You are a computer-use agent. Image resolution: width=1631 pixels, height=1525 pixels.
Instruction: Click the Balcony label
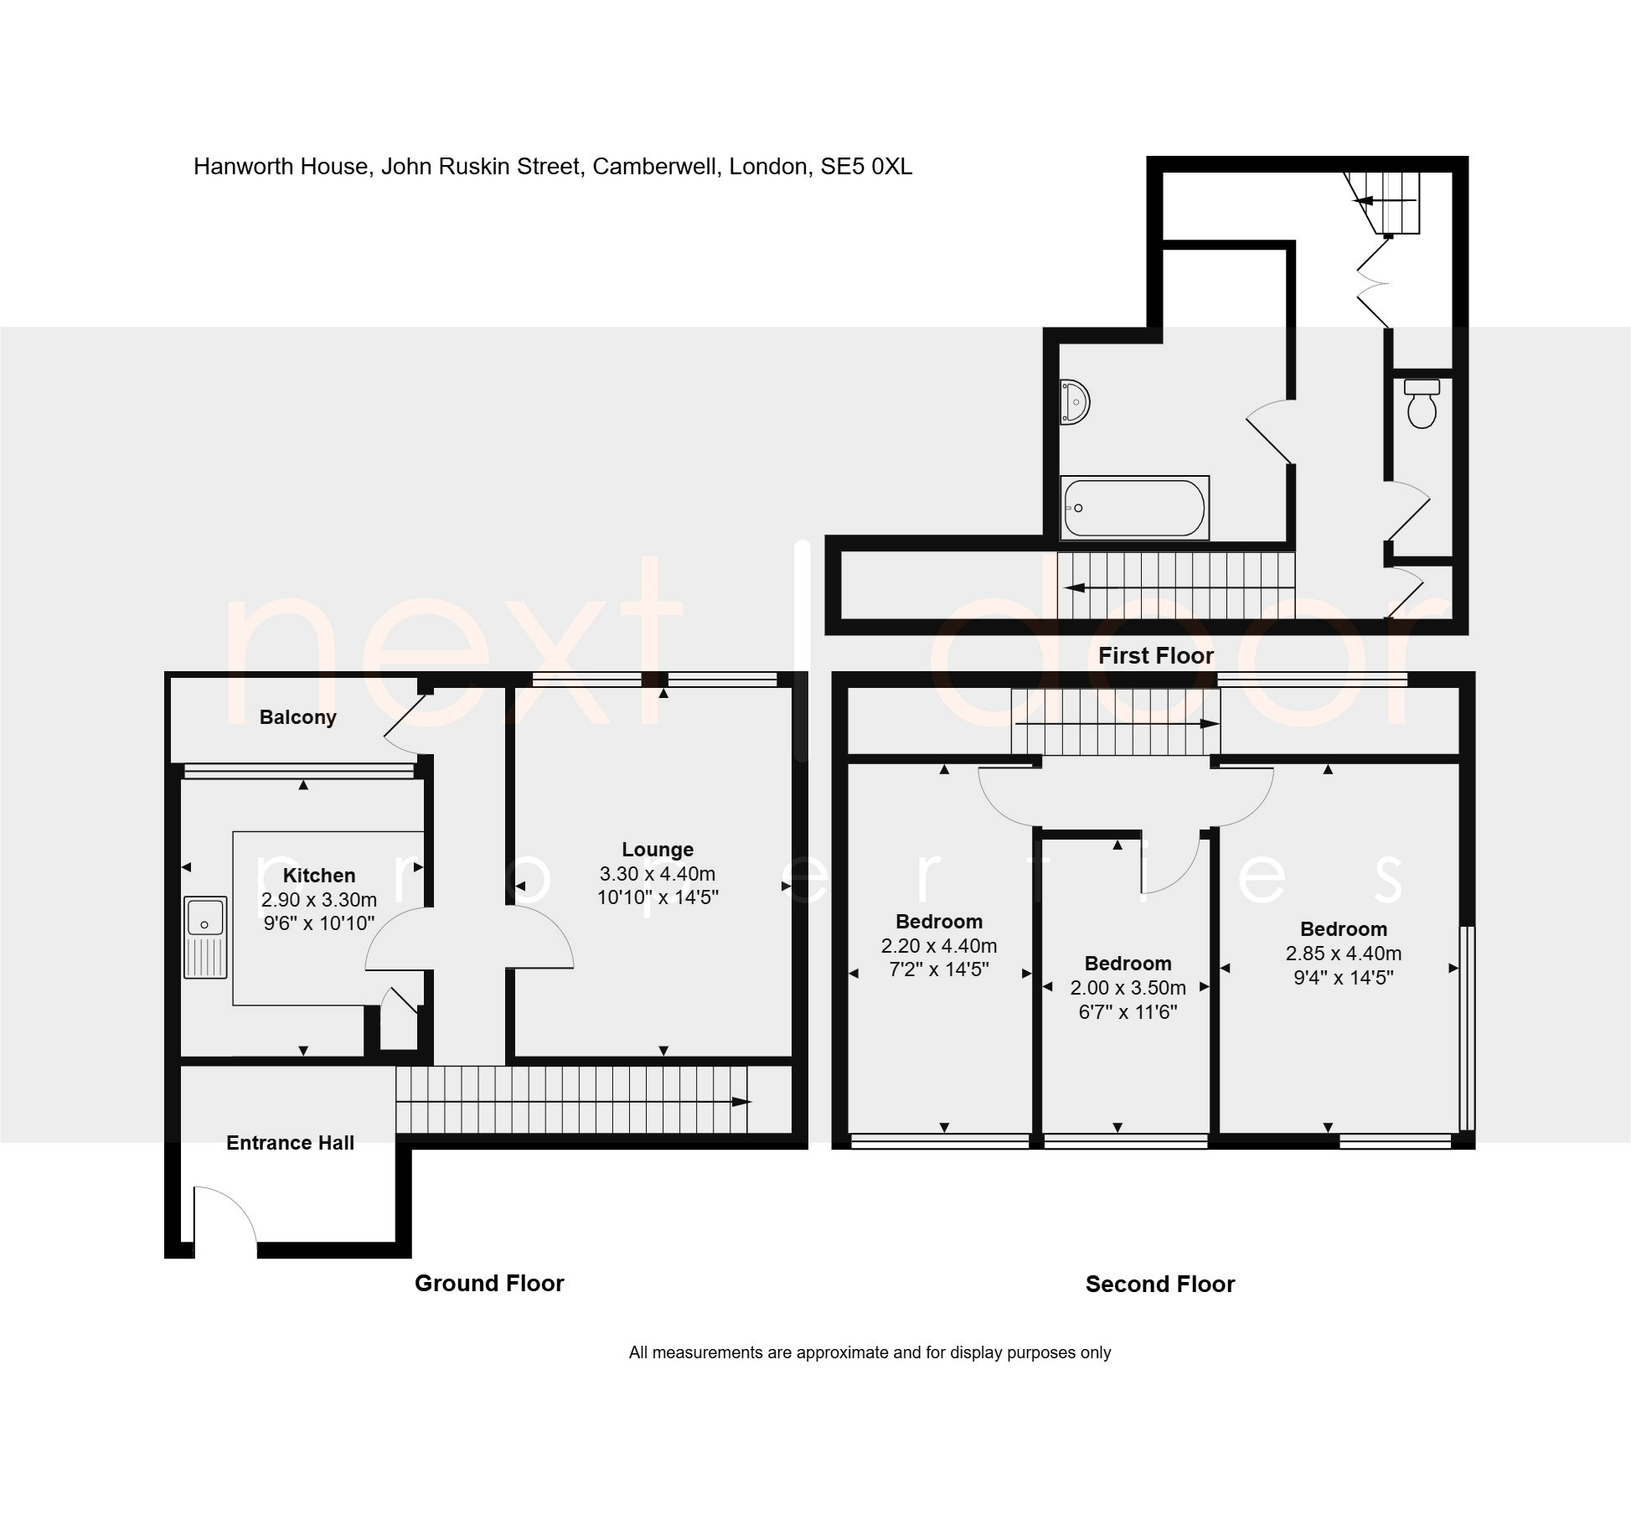297,717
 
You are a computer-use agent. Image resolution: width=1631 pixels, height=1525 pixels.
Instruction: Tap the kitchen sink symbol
205,938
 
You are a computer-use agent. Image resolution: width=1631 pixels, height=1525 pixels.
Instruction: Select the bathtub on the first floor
1134,508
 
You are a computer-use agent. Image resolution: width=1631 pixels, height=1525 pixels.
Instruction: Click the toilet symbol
1422,403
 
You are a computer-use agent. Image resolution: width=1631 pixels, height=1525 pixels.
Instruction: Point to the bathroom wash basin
1074,402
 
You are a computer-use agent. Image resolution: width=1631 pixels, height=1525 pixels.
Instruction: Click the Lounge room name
658,850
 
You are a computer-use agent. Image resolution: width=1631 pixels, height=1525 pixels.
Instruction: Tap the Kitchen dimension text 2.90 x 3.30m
319,900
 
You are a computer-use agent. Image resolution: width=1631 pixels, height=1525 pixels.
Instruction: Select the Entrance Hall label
290,1143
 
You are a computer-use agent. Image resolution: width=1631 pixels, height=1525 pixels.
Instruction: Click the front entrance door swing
225,1216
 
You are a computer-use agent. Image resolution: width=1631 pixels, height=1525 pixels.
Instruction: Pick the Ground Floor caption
489,1284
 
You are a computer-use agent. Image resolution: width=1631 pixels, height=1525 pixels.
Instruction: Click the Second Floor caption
1160,1285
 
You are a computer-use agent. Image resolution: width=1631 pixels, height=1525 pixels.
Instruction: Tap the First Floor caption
1156,656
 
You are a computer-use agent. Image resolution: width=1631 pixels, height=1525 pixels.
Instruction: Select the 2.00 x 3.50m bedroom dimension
1128,988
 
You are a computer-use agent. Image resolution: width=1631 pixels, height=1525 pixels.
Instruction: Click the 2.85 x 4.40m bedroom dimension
1344,954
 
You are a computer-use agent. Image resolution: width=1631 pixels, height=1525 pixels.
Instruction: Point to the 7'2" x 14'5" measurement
939,969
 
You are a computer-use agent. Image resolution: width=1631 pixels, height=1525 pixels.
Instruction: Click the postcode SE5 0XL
866,167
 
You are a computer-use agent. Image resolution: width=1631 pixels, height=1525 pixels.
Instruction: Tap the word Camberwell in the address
656,167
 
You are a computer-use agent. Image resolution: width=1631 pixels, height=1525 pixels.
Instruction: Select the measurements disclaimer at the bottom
870,1352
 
